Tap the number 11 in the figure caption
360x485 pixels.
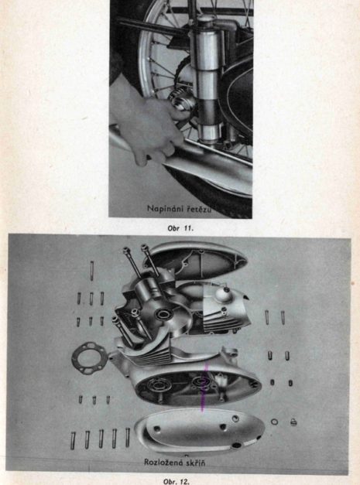click(188, 229)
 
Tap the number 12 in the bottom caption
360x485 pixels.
click(184, 482)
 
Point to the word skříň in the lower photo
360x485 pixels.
click(193, 463)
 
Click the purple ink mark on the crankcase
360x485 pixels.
click(204, 387)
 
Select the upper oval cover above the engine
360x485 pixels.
click(196, 261)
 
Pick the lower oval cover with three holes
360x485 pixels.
click(200, 431)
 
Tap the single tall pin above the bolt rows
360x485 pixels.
click(91, 271)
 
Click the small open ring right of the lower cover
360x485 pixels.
click(274, 422)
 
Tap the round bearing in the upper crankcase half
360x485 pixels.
click(163, 314)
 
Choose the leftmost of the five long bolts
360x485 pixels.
click(73, 440)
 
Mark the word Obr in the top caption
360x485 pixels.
click(173, 229)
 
